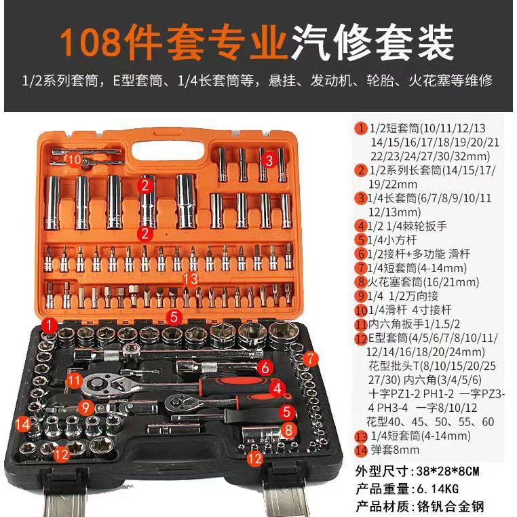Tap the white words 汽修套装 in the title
pyautogui.click(x=372, y=42)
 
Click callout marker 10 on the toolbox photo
pyautogui.click(x=75, y=159)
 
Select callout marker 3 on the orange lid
pyautogui.click(x=268, y=161)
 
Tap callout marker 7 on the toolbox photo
pyautogui.click(x=309, y=358)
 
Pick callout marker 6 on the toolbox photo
pyautogui.click(x=267, y=368)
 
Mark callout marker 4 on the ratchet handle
pyautogui.click(x=275, y=388)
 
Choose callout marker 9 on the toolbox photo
pyautogui.click(x=84, y=407)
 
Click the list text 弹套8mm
pyautogui.click(x=401, y=451)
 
